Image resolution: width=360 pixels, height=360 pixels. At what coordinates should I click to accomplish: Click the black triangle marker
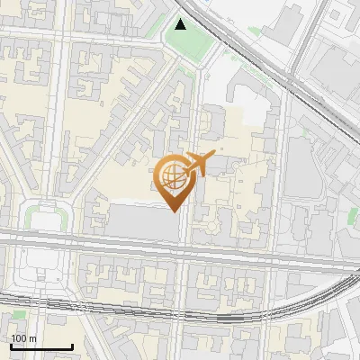click(x=181, y=24)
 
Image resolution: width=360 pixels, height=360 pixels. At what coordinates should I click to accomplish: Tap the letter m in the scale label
click(x=33, y=338)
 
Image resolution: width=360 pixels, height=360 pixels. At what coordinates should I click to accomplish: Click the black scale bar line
click(x=40, y=347)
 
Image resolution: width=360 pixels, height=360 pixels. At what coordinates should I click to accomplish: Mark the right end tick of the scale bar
click(x=71, y=345)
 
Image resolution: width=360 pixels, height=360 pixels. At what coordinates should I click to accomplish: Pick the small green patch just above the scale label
click(x=18, y=316)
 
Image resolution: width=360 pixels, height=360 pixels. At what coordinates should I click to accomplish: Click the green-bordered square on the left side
click(x=47, y=218)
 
